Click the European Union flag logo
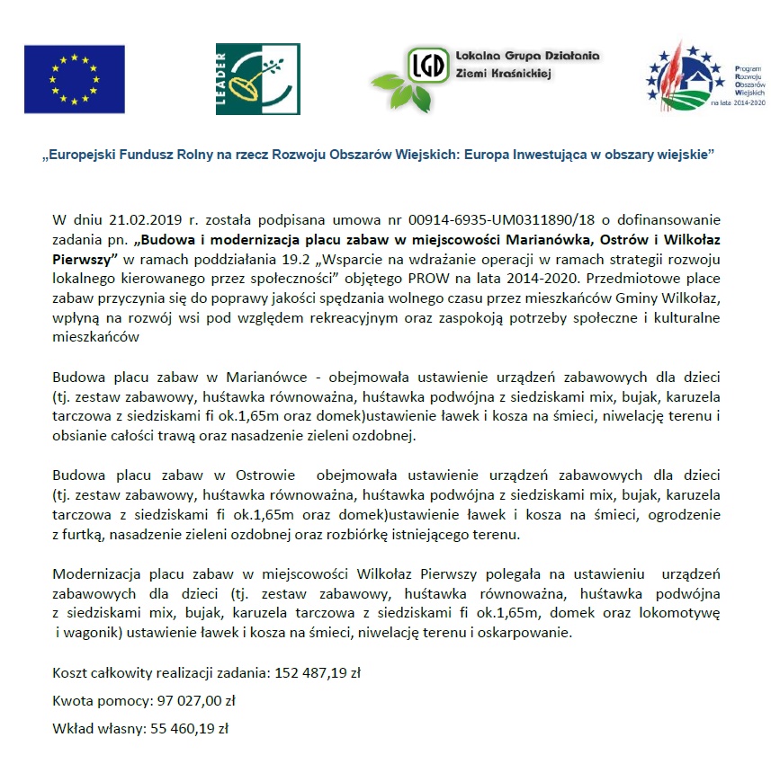coord(74,78)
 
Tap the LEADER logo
coord(251,78)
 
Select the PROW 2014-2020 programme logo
coord(705,76)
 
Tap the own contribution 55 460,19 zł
coord(186,729)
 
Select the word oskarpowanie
coord(526,633)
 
